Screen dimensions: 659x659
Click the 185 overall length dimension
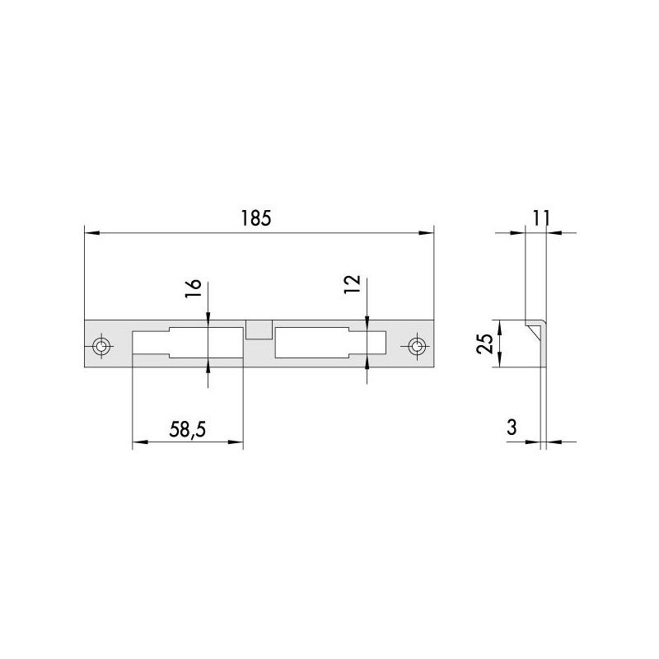click(256, 218)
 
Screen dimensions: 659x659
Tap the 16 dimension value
click(194, 288)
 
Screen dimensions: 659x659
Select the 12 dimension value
click(353, 284)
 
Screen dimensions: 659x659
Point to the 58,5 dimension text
click(188, 429)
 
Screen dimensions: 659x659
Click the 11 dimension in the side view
click(541, 218)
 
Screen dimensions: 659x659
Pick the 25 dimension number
click(485, 344)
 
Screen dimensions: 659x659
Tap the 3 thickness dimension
click(512, 428)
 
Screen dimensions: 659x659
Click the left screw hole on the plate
click(101, 347)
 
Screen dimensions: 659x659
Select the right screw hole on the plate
click(417, 347)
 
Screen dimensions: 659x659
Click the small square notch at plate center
click(259, 329)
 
